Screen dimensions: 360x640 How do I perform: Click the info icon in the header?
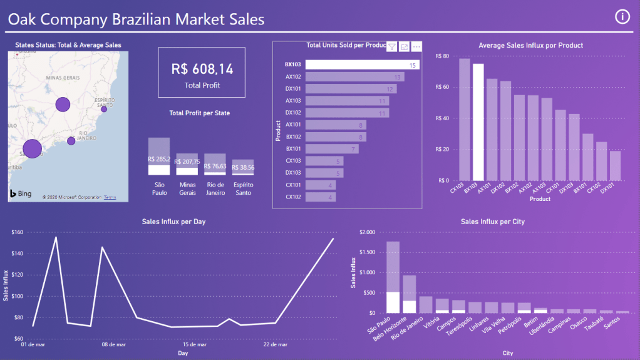(622, 17)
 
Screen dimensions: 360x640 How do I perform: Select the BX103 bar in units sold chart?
(363, 64)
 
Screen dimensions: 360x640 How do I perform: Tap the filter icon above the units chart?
(392, 46)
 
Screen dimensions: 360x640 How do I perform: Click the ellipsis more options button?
(416, 46)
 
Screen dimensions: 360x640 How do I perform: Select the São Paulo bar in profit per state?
(159, 157)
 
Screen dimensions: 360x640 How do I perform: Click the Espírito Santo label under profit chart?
(244, 188)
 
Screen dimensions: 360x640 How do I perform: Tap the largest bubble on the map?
(31, 148)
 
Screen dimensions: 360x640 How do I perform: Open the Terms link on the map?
(110, 197)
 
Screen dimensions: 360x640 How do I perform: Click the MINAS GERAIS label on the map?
(63, 77)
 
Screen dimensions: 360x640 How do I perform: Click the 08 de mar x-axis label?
(113, 344)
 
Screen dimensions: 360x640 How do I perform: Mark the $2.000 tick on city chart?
(365, 233)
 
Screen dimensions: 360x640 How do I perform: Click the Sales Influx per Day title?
(173, 222)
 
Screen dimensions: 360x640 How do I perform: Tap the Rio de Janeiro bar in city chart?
(426, 304)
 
